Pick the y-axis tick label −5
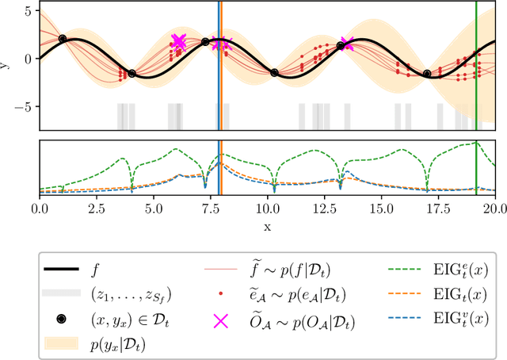25,106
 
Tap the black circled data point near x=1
63,38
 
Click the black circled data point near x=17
427,74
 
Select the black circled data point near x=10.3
274,72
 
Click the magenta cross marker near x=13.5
347,44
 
